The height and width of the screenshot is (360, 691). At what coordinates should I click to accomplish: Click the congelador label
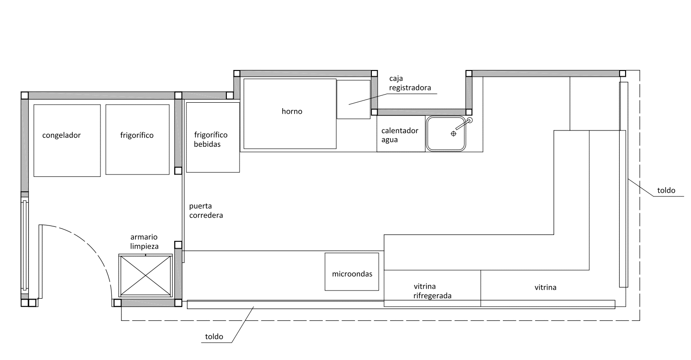(x=61, y=135)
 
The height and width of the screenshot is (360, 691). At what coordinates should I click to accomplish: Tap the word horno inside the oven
(x=292, y=111)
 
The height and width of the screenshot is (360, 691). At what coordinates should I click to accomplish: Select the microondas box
(x=352, y=272)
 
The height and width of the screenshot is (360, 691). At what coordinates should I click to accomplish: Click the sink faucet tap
(x=464, y=124)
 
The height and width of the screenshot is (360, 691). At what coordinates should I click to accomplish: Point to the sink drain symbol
(x=454, y=134)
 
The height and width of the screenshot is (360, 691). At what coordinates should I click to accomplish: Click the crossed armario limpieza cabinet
(x=145, y=275)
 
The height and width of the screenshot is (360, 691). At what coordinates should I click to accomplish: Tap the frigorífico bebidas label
(x=210, y=140)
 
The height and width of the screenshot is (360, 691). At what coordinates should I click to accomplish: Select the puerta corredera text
(x=206, y=210)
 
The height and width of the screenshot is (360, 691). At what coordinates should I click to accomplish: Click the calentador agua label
(x=400, y=135)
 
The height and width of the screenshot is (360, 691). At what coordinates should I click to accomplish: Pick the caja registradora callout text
(x=410, y=83)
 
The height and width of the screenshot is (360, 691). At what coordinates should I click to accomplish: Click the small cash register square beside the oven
(x=354, y=100)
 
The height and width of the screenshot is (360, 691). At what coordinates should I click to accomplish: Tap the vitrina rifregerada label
(x=432, y=291)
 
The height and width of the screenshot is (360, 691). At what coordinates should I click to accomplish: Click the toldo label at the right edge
(x=666, y=190)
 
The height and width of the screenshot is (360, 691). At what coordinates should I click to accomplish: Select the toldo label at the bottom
(x=214, y=336)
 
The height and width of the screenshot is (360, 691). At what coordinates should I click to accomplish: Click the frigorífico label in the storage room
(x=137, y=135)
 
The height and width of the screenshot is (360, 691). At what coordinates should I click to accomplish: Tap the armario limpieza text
(x=144, y=241)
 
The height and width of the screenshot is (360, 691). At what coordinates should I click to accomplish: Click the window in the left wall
(x=25, y=245)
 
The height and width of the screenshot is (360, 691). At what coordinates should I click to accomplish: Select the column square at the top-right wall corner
(x=622, y=74)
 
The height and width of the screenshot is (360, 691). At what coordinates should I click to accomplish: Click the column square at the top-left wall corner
(x=25, y=95)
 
